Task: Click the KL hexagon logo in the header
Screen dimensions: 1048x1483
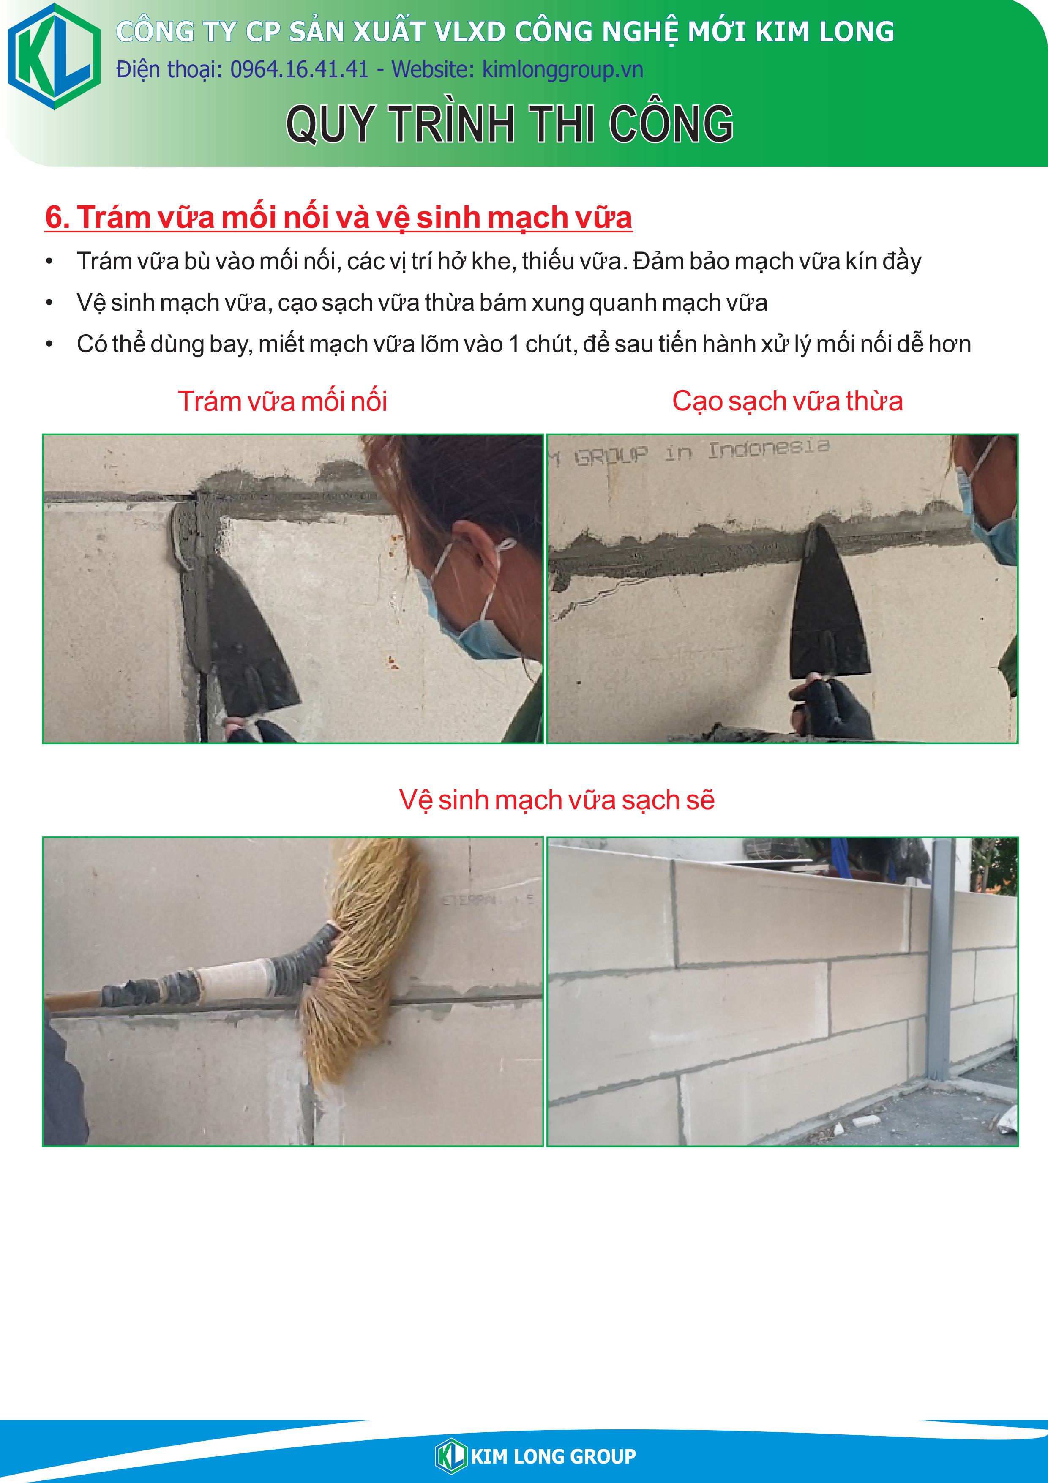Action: [54, 56]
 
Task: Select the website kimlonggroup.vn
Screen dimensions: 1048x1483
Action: [562, 70]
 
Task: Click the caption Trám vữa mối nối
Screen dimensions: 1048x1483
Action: [282, 401]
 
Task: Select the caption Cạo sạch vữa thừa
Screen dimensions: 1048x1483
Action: [787, 401]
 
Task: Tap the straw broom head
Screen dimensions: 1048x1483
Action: [362, 956]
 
